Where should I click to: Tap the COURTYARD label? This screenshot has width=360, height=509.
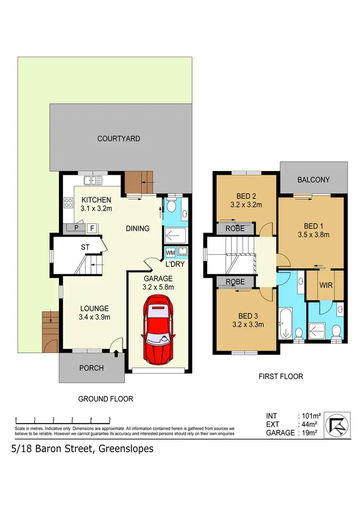pos(119,139)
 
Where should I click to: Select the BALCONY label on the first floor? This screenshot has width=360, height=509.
pos(313,180)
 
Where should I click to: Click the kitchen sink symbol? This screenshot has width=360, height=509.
pos(93,181)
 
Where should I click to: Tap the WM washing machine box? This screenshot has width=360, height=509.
pos(170,252)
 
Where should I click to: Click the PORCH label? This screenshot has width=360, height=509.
pos(91,368)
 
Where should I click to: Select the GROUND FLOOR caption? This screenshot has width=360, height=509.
pos(106,399)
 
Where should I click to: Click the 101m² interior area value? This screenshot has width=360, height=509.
pos(310,416)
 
